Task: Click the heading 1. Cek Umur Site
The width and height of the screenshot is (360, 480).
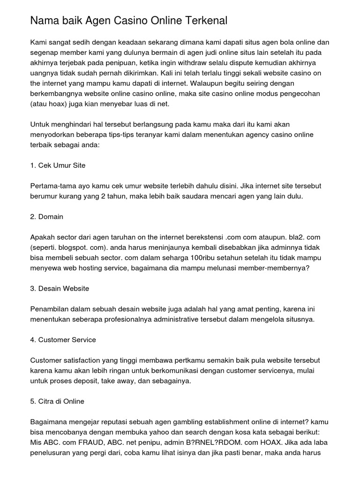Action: (x=58, y=165)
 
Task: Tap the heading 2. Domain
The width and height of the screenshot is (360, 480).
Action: (x=46, y=217)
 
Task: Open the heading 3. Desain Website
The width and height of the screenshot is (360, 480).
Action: (x=60, y=288)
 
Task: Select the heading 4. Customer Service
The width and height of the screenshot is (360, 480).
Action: (x=63, y=339)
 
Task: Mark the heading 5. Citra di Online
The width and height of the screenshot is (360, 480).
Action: (x=57, y=401)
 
